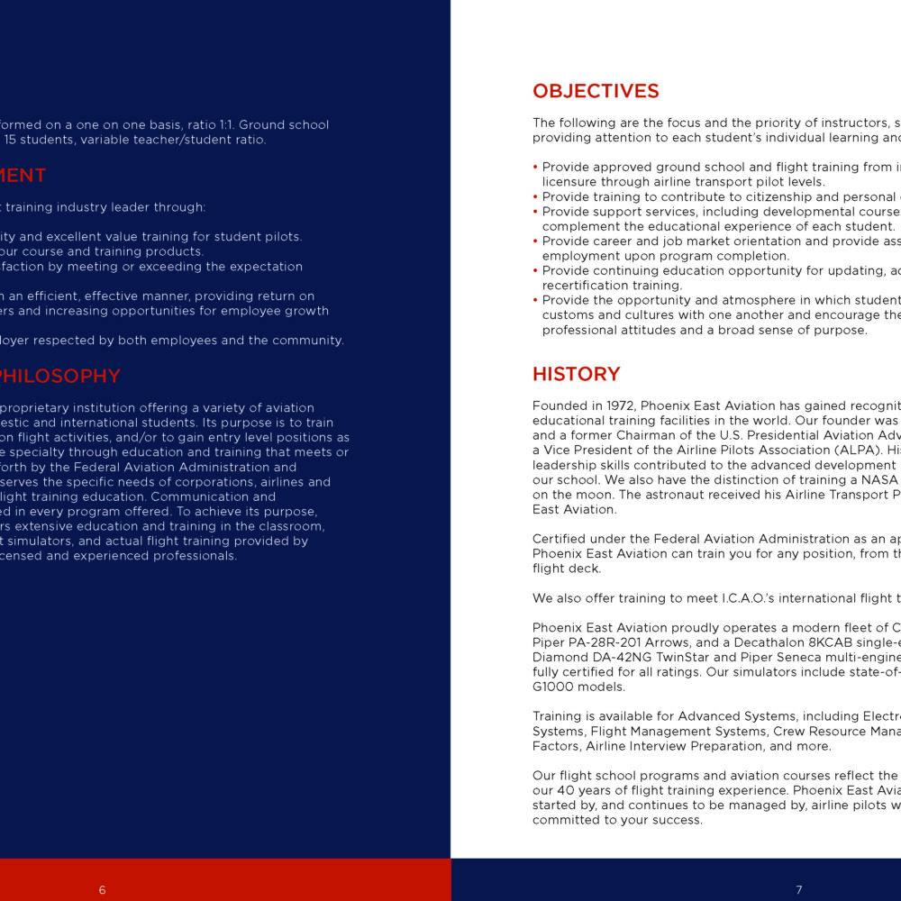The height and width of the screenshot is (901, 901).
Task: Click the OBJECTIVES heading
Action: tap(596, 91)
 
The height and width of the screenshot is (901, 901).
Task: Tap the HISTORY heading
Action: tap(576, 374)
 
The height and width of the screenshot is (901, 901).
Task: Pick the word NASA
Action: tap(880, 480)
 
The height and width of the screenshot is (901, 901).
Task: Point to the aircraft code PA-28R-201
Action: tap(600, 642)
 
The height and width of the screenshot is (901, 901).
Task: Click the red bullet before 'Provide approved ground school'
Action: tap(535, 167)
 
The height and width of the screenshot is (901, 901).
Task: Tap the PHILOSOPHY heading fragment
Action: tap(59, 376)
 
